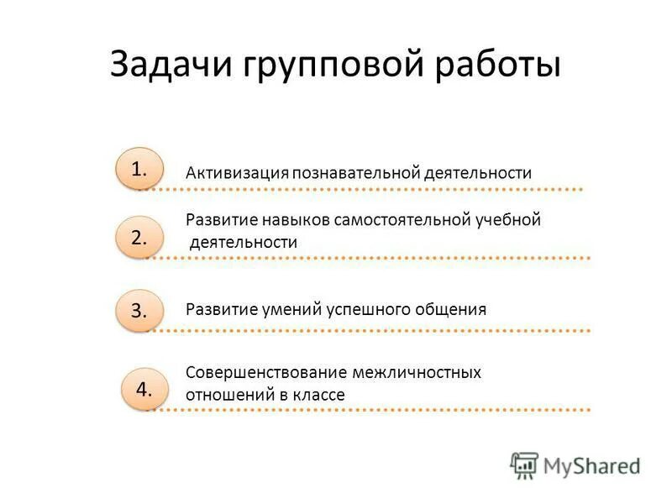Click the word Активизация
point(237,173)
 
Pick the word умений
point(288,309)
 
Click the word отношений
point(226,394)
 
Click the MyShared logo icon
point(524,465)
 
